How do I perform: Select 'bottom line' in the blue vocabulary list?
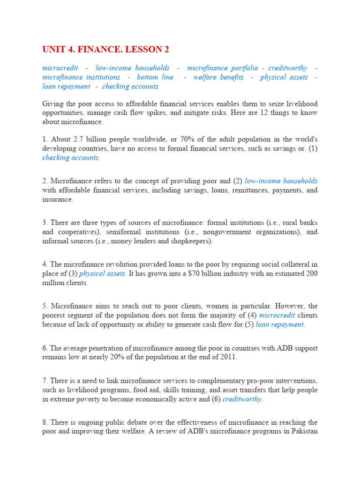pyautogui.click(x=155, y=77)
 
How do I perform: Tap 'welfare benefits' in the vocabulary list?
pyautogui.click(x=218, y=77)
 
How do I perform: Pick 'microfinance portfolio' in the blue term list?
pyautogui.click(x=220, y=68)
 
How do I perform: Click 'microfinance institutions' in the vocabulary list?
pyautogui.click(x=81, y=77)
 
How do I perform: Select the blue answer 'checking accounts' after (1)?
pyautogui.click(x=70, y=158)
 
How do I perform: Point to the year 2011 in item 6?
pyautogui.click(x=228, y=357)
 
